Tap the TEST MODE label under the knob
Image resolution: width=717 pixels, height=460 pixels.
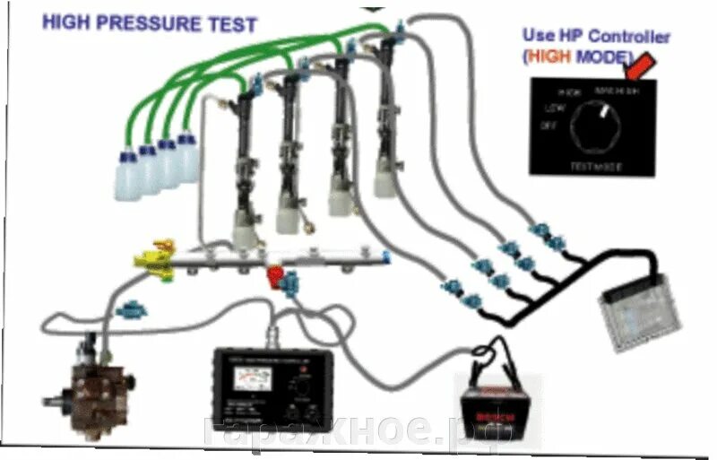click(x=594, y=166)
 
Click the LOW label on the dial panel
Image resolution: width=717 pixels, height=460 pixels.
click(x=551, y=108)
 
